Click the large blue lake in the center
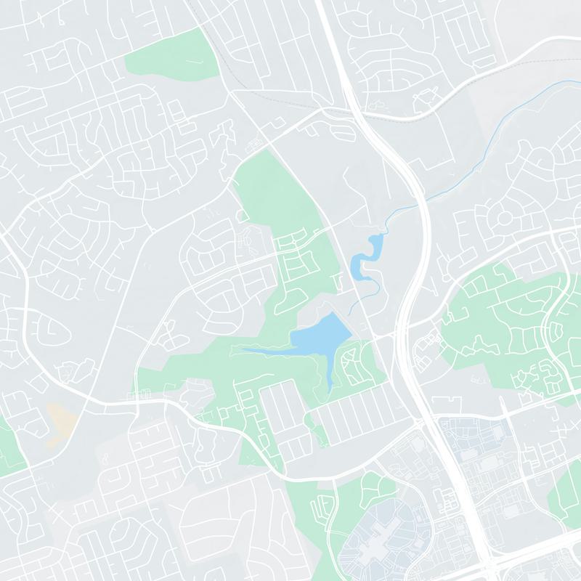click(x=320, y=336)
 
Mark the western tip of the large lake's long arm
click(x=243, y=351)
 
